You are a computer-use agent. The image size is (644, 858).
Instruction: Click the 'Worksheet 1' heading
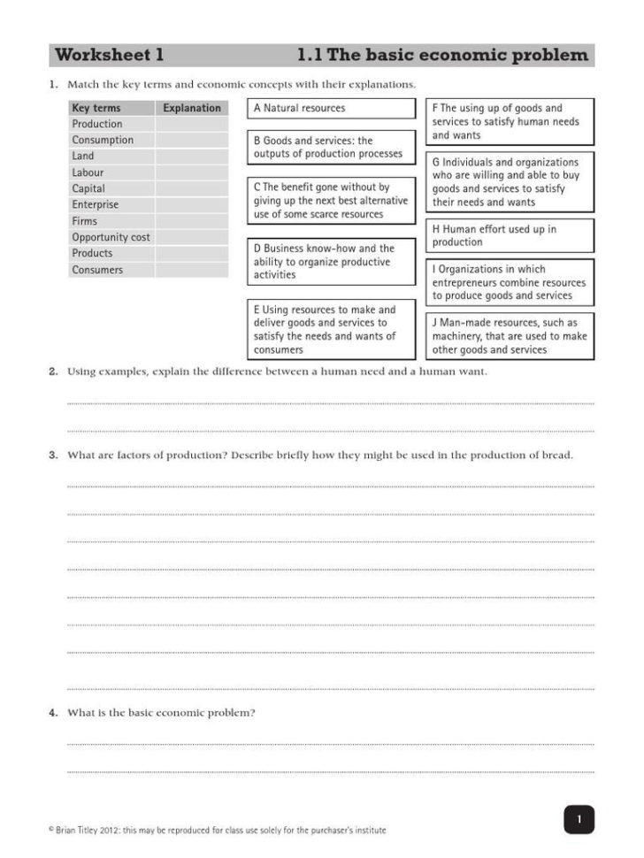tap(110, 56)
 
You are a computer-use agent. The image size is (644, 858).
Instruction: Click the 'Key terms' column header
tap(96, 108)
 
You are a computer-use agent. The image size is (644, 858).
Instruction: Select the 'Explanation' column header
tap(191, 108)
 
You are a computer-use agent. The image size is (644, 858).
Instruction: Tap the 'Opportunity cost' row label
tap(111, 237)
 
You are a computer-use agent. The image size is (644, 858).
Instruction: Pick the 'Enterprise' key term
tap(95, 204)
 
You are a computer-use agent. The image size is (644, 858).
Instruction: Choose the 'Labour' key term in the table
tap(88, 172)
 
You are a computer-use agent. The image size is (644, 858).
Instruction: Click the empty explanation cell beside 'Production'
tap(191, 124)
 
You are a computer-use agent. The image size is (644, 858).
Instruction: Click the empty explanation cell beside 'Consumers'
tap(191, 270)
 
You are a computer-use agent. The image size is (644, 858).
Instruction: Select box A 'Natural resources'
tap(331, 108)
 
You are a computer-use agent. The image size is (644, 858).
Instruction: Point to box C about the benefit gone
tap(331, 201)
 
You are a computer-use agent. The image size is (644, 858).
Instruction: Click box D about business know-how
tap(331, 262)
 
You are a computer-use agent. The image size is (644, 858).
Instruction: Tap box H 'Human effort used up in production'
tap(510, 235)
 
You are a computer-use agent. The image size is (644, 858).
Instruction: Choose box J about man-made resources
tap(510, 336)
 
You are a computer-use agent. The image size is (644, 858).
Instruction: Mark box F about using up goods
tap(510, 121)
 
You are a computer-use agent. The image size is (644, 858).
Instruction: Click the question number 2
tap(53, 372)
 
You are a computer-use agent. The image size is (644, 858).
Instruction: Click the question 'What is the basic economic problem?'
tap(161, 712)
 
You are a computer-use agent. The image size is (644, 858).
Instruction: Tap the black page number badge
tap(579, 819)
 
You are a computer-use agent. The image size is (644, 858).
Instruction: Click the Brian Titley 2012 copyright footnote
tap(218, 831)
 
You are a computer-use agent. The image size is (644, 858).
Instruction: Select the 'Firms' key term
tap(85, 221)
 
